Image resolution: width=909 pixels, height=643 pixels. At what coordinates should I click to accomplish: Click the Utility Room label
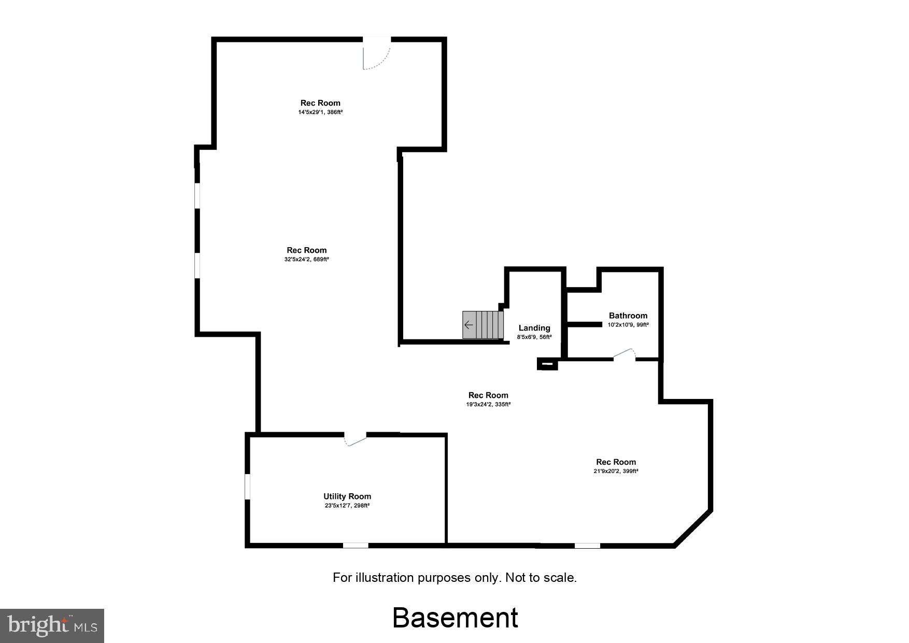[347, 496]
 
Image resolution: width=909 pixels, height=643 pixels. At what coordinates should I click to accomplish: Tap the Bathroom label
[628, 316]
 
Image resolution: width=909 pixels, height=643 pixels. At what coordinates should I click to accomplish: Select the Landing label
[534, 328]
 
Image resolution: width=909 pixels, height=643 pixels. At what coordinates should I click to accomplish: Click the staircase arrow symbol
[468, 325]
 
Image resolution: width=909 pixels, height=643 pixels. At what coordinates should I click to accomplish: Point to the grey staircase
[483, 325]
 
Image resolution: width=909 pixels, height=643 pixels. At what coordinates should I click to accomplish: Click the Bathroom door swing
[625, 354]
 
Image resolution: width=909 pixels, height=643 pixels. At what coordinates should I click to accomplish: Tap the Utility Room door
[356, 439]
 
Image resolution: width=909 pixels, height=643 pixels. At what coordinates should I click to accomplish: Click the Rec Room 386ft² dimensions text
[320, 112]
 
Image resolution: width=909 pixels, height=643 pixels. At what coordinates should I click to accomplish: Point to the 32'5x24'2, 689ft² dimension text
[307, 259]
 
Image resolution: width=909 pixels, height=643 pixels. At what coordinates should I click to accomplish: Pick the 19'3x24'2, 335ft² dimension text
[488, 404]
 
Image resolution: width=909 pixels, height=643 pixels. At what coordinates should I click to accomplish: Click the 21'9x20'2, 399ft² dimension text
[616, 471]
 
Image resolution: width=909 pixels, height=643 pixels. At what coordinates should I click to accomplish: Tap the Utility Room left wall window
[248, 487]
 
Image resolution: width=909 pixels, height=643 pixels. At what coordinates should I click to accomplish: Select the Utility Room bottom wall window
[356, 545]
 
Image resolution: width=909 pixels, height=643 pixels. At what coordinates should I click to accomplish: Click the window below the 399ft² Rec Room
[587, 545]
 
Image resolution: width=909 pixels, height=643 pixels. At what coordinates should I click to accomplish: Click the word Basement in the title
[455, 618]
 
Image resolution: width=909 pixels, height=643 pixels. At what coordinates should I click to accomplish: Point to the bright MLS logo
[52, 626]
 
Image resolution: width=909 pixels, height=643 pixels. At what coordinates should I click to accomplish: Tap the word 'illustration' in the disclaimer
[384, 578]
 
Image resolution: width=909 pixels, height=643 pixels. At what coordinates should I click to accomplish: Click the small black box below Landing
[547, 365]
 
